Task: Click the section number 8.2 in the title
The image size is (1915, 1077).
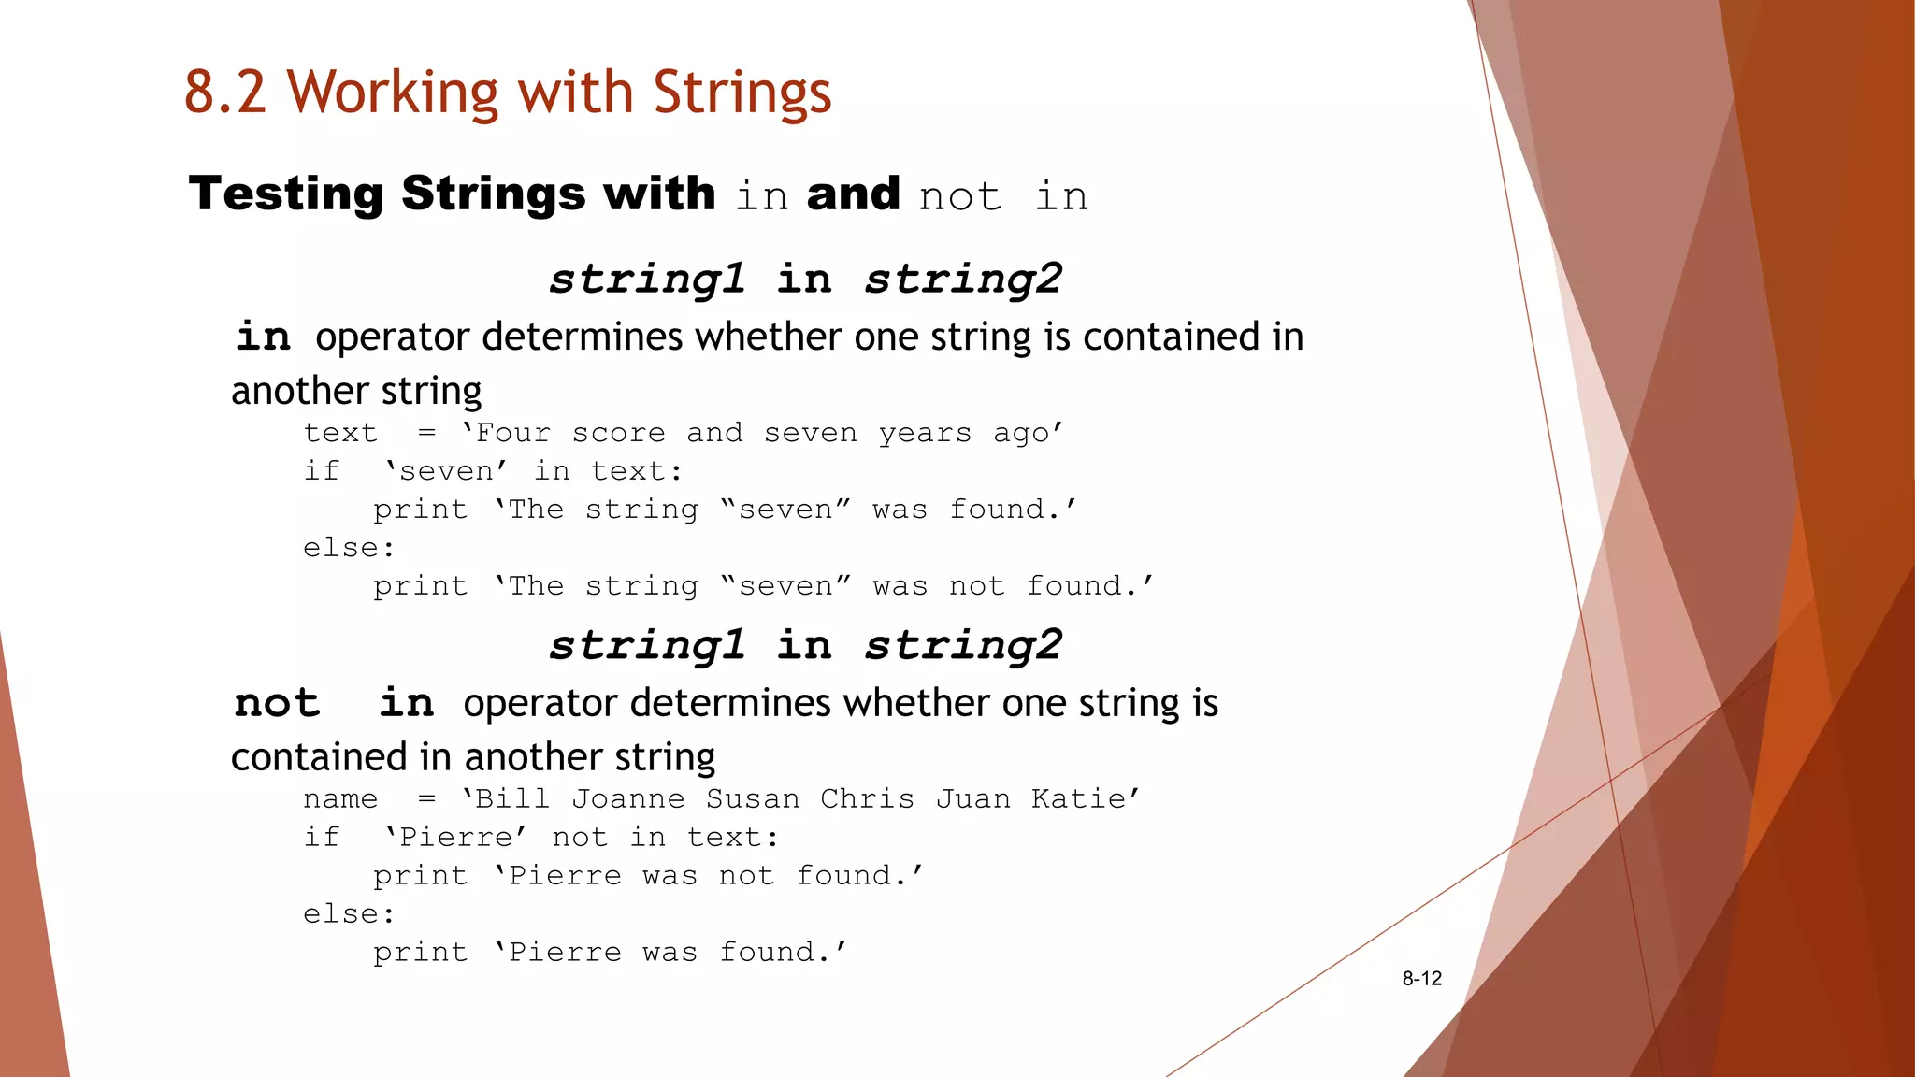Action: click(224, 93)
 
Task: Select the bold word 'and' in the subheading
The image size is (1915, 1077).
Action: click(853, 194)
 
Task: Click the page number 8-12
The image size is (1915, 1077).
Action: click(1421, 979)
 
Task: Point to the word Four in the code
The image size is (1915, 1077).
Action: click(512, 433)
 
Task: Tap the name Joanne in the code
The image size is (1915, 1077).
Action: click(627, 799)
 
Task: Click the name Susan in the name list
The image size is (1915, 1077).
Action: click(753, 799)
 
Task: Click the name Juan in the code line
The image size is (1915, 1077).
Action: click(972, 799)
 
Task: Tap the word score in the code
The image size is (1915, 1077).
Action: click(618, 433)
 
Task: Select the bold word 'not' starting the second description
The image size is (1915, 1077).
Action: click(277, 703)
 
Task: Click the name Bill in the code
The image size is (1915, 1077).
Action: click(512, 799)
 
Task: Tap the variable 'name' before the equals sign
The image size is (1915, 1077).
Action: click(340, 799)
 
